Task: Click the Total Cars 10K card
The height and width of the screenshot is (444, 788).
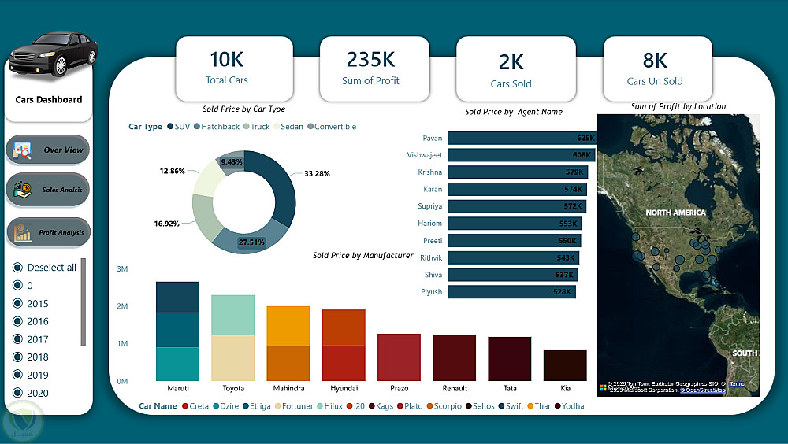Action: [227, 68]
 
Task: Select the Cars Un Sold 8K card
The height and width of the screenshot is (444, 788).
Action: [656, 68]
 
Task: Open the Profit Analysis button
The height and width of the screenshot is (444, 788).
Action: [48, 233]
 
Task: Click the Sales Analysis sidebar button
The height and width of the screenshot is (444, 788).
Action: [48, 189]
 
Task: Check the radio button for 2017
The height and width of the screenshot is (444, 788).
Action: [17, 339]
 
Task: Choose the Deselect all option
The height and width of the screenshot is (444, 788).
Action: [17, 268]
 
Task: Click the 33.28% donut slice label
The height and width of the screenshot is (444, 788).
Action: [316, 173]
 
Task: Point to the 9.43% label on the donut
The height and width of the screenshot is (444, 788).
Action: [232, 162]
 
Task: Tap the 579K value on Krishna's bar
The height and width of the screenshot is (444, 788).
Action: [575, 172]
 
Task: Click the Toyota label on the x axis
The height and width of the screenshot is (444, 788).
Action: [233, 388]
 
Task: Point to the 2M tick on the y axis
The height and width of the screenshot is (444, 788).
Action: [122, 306]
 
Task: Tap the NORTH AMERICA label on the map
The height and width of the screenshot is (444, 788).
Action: [675, 213]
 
